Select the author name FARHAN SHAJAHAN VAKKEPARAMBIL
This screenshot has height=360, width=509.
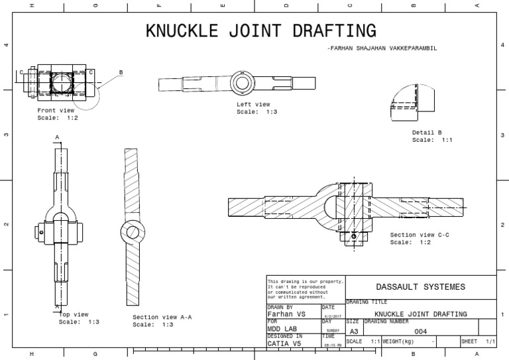[382, 49]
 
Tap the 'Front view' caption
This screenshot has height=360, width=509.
[56, 110]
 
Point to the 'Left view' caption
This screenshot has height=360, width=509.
[253, 104]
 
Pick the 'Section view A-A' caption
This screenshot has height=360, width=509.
[162, 317]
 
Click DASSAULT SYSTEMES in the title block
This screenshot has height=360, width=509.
[420, 287]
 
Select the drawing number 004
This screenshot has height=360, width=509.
[420, 331]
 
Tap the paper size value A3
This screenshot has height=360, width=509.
[354, 331]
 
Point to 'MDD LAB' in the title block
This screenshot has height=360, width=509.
[282, 328]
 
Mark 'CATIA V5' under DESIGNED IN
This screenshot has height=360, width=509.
[284, 344]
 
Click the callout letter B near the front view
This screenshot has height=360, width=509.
[121, 72]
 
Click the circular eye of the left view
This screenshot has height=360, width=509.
[240, 82]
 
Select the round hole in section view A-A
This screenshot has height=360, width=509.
[131, 232]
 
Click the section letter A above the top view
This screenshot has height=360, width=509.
[58, 137]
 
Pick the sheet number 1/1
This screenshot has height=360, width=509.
[490, 341]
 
